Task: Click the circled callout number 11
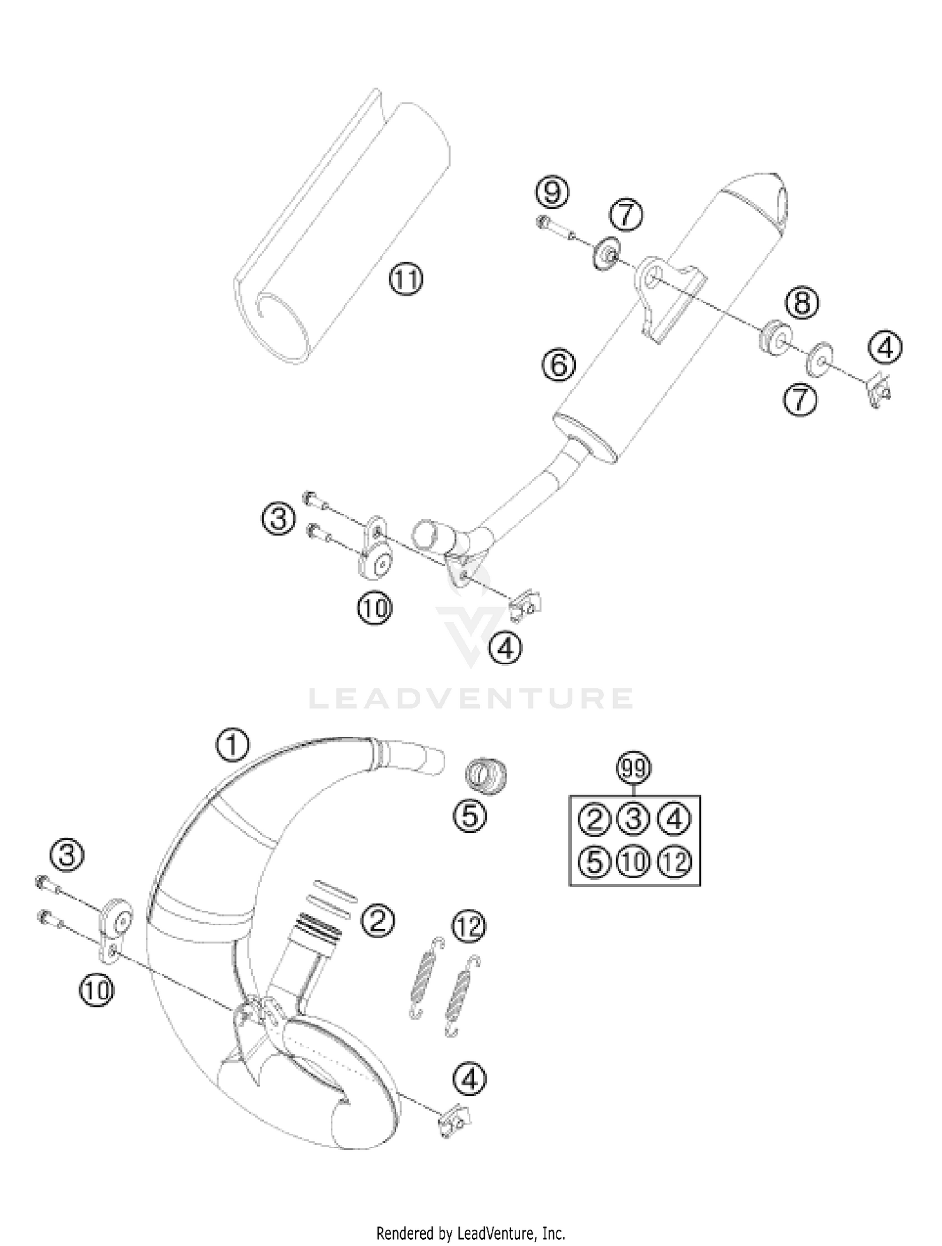[x=406, y=280]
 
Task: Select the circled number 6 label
[x=559, y=365]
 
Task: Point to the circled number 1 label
[x=232, y=745]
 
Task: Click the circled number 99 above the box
[x=634, y=768]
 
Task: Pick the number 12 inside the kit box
[x=674, y=862]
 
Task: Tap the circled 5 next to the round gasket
[x=470, y=815]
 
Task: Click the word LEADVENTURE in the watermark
[x=471, y=698]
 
